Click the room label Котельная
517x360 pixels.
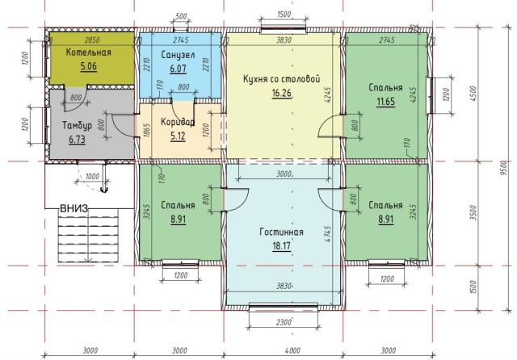(88, 52)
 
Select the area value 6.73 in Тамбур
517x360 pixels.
(78, 139)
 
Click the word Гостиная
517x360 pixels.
(282, 232)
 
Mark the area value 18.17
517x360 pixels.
(282, 245)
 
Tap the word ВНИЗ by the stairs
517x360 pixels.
(74, 208)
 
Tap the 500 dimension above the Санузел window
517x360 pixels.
(180, 17)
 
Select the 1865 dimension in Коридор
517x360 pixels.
(147, 132)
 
